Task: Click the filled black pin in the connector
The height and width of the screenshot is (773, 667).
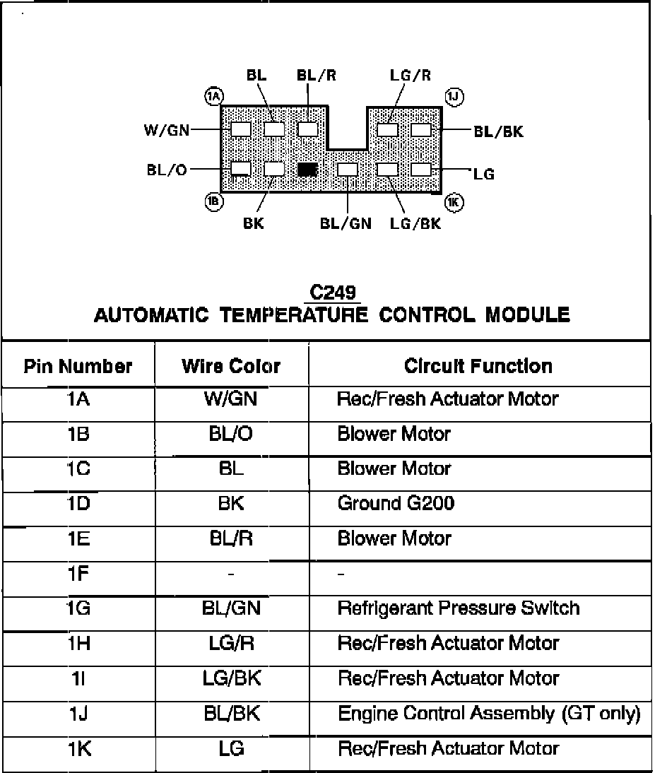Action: click(307, 170)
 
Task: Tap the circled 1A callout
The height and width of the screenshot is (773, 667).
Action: click(213, 95)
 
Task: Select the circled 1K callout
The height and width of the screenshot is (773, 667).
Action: click(454, 203)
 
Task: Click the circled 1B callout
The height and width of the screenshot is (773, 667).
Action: click(213, 202)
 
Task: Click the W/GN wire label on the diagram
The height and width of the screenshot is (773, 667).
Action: click(166, 130)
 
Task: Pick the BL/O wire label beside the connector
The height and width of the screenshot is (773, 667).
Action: click(167, 170)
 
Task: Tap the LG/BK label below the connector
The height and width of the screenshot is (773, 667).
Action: click(415, 224)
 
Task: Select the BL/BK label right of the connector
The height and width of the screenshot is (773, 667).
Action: click(498, 131)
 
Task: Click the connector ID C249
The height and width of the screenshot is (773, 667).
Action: click(333, 293)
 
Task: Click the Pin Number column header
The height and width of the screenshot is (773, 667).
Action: click(78, 366)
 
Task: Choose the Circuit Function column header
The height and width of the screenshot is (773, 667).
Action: click(478, 366)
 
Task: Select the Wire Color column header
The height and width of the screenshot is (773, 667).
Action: click(231, 366)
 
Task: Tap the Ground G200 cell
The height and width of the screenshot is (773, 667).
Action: click(396, 503)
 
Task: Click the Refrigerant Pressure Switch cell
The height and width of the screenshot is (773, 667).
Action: click(458, 608)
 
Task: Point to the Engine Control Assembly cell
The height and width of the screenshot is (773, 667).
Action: click(489, 713)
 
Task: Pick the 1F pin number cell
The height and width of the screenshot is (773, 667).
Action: click(78, 573)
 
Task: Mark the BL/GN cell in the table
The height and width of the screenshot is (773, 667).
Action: click(232, 608)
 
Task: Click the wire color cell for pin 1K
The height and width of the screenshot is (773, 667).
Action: click(232, 748)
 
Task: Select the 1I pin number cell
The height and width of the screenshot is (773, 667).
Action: click(78, 678)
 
